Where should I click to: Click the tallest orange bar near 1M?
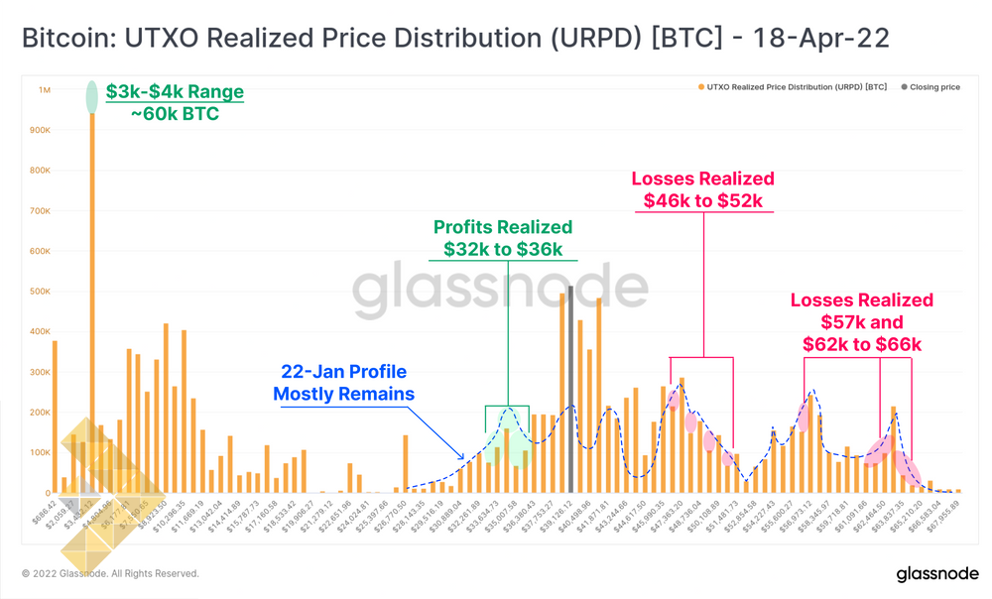click(92, 298)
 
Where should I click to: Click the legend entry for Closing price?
click(930, 87)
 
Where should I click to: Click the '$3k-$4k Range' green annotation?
click(175, 92)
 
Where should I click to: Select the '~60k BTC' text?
click(175, 113)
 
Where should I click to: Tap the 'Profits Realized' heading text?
click(503, 227)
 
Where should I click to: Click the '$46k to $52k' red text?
click(702, 200)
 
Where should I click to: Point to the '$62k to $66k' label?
click(862, 344)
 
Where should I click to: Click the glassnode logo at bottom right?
click(937, 574)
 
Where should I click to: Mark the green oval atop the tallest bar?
click(92, 96)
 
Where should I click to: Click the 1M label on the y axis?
click(44, 90)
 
